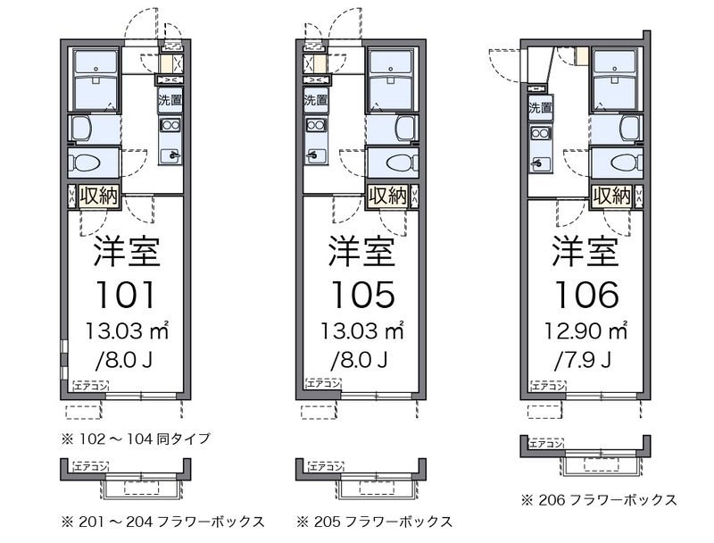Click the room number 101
[128, 293]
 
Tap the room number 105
[361, 293]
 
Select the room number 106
[585, 293]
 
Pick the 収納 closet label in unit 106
[612, 196]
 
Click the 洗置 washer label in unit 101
[170, 99]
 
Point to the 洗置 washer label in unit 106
[540, 109]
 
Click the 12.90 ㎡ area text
[585, 332]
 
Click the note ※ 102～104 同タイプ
[136, 438]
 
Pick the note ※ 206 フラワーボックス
[600, 499]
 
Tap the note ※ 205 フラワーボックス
[374, 521]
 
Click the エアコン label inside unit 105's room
[324, 384]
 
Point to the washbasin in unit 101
[81, 127]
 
